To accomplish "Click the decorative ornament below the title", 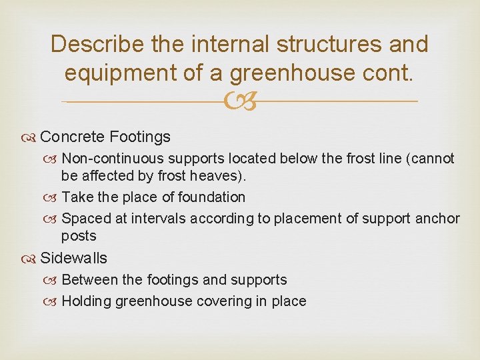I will (x=240, y=101).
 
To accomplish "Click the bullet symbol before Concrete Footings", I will (x=31, y=138).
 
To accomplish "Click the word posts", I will (x=79, y=236).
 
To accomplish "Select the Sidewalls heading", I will (x=73, y=259).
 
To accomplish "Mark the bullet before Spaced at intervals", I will (x=53, y=219).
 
